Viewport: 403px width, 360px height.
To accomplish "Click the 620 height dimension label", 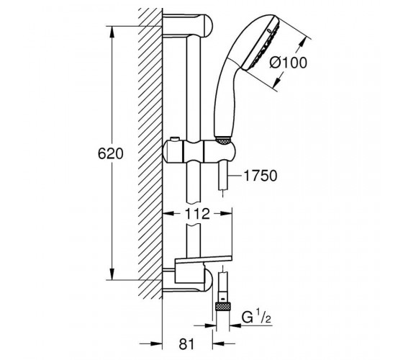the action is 111,154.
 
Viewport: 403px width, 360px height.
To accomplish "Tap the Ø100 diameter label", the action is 289,63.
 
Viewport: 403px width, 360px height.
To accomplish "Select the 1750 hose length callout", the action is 261,176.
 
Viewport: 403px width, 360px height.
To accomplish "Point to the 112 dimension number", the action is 197,214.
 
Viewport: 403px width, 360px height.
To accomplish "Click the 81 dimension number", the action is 187,344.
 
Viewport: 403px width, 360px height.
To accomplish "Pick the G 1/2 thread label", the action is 256,318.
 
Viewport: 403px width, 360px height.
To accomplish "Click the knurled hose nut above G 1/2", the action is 223,307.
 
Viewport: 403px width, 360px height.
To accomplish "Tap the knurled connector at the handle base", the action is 222,141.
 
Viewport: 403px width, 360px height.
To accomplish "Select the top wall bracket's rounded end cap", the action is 207,25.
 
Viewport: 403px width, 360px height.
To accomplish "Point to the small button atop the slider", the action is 174,139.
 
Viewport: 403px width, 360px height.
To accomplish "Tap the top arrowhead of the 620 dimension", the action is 112,32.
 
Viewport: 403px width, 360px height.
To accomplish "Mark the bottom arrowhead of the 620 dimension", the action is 112,274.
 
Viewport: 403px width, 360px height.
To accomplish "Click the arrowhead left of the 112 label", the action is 169,213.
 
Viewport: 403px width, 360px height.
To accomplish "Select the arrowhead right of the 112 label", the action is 226,213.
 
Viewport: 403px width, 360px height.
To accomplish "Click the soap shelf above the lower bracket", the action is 204,260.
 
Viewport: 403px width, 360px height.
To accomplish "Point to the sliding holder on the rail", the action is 199,152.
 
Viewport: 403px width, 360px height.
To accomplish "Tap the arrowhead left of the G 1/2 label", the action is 209,325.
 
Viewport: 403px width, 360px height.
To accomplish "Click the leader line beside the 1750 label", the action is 235,176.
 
